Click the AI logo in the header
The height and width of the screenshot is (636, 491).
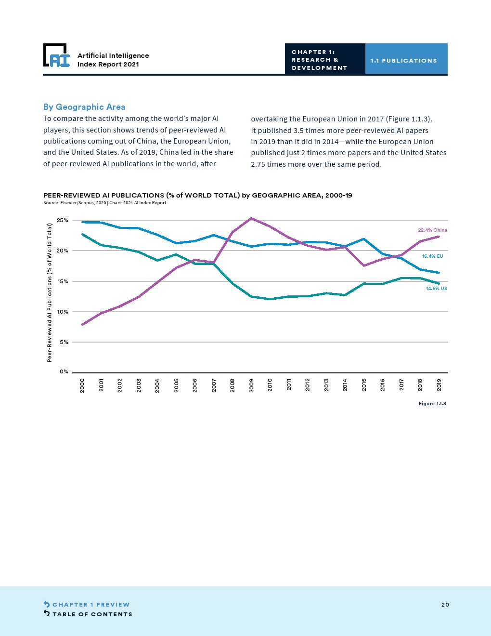56,55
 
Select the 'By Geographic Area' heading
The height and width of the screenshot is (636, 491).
84,107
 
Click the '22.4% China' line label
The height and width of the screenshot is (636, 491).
432,230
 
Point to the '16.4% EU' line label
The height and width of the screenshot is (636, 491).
432,256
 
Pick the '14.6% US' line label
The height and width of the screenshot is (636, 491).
436,289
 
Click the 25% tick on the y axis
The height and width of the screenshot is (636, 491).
63,221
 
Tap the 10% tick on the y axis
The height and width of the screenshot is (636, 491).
63,312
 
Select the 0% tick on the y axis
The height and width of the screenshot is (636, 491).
64,372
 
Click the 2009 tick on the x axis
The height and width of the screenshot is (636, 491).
252,385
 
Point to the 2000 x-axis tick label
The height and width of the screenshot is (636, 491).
83,385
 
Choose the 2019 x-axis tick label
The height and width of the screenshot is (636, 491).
439,385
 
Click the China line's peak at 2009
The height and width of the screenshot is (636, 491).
251,218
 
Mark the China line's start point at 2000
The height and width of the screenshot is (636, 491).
83,325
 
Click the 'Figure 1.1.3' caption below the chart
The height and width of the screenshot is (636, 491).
432,404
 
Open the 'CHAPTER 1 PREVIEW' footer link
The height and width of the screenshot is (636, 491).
90,605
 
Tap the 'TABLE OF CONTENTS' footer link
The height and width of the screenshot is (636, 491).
92,614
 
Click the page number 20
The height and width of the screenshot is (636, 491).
445,605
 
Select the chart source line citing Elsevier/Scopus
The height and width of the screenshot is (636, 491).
104,203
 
